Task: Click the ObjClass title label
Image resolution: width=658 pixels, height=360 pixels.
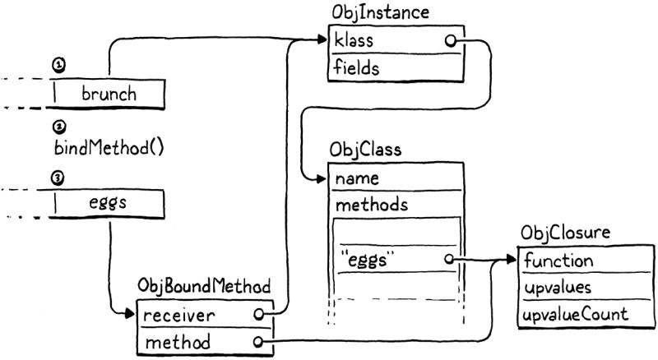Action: point(365,150)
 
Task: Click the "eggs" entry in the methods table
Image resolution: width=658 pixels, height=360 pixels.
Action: point(368,261)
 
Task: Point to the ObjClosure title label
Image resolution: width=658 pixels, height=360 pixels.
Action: point(565,234)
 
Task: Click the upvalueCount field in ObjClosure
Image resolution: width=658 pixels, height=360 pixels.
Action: point(573,314)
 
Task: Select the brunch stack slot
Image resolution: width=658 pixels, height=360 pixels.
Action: point(109,93)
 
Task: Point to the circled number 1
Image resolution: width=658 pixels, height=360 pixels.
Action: point(58,64)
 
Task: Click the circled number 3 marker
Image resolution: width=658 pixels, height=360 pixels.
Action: point(58,177)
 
